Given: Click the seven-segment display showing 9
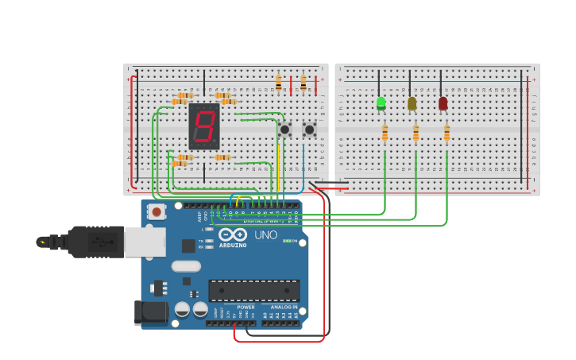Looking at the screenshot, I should [x=204, y=126].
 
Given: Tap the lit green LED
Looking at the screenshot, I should [x=381, y=103].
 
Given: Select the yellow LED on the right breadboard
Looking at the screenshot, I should [x=412, y=103].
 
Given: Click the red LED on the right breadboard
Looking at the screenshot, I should [x=443, y=103].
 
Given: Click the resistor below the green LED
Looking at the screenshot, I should [x=385, y=134].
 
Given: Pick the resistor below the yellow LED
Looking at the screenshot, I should [x=416, y=134].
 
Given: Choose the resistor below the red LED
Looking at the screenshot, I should [x=446, y=134].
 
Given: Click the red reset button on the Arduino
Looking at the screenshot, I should [x=157, y=211].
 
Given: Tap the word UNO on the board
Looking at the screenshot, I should [x=266, y=234].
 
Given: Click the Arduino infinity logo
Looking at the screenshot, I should [x=233, y=234].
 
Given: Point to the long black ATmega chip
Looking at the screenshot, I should [x=253, y=290].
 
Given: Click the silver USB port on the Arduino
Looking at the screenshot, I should [x=145, y=242].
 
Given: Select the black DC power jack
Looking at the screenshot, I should [x=151, y=312].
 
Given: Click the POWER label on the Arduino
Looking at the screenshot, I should [x=246, y=307].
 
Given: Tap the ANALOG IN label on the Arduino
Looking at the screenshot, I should [x=284, y=307].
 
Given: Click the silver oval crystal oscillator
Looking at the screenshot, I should [x=186, y=266].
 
